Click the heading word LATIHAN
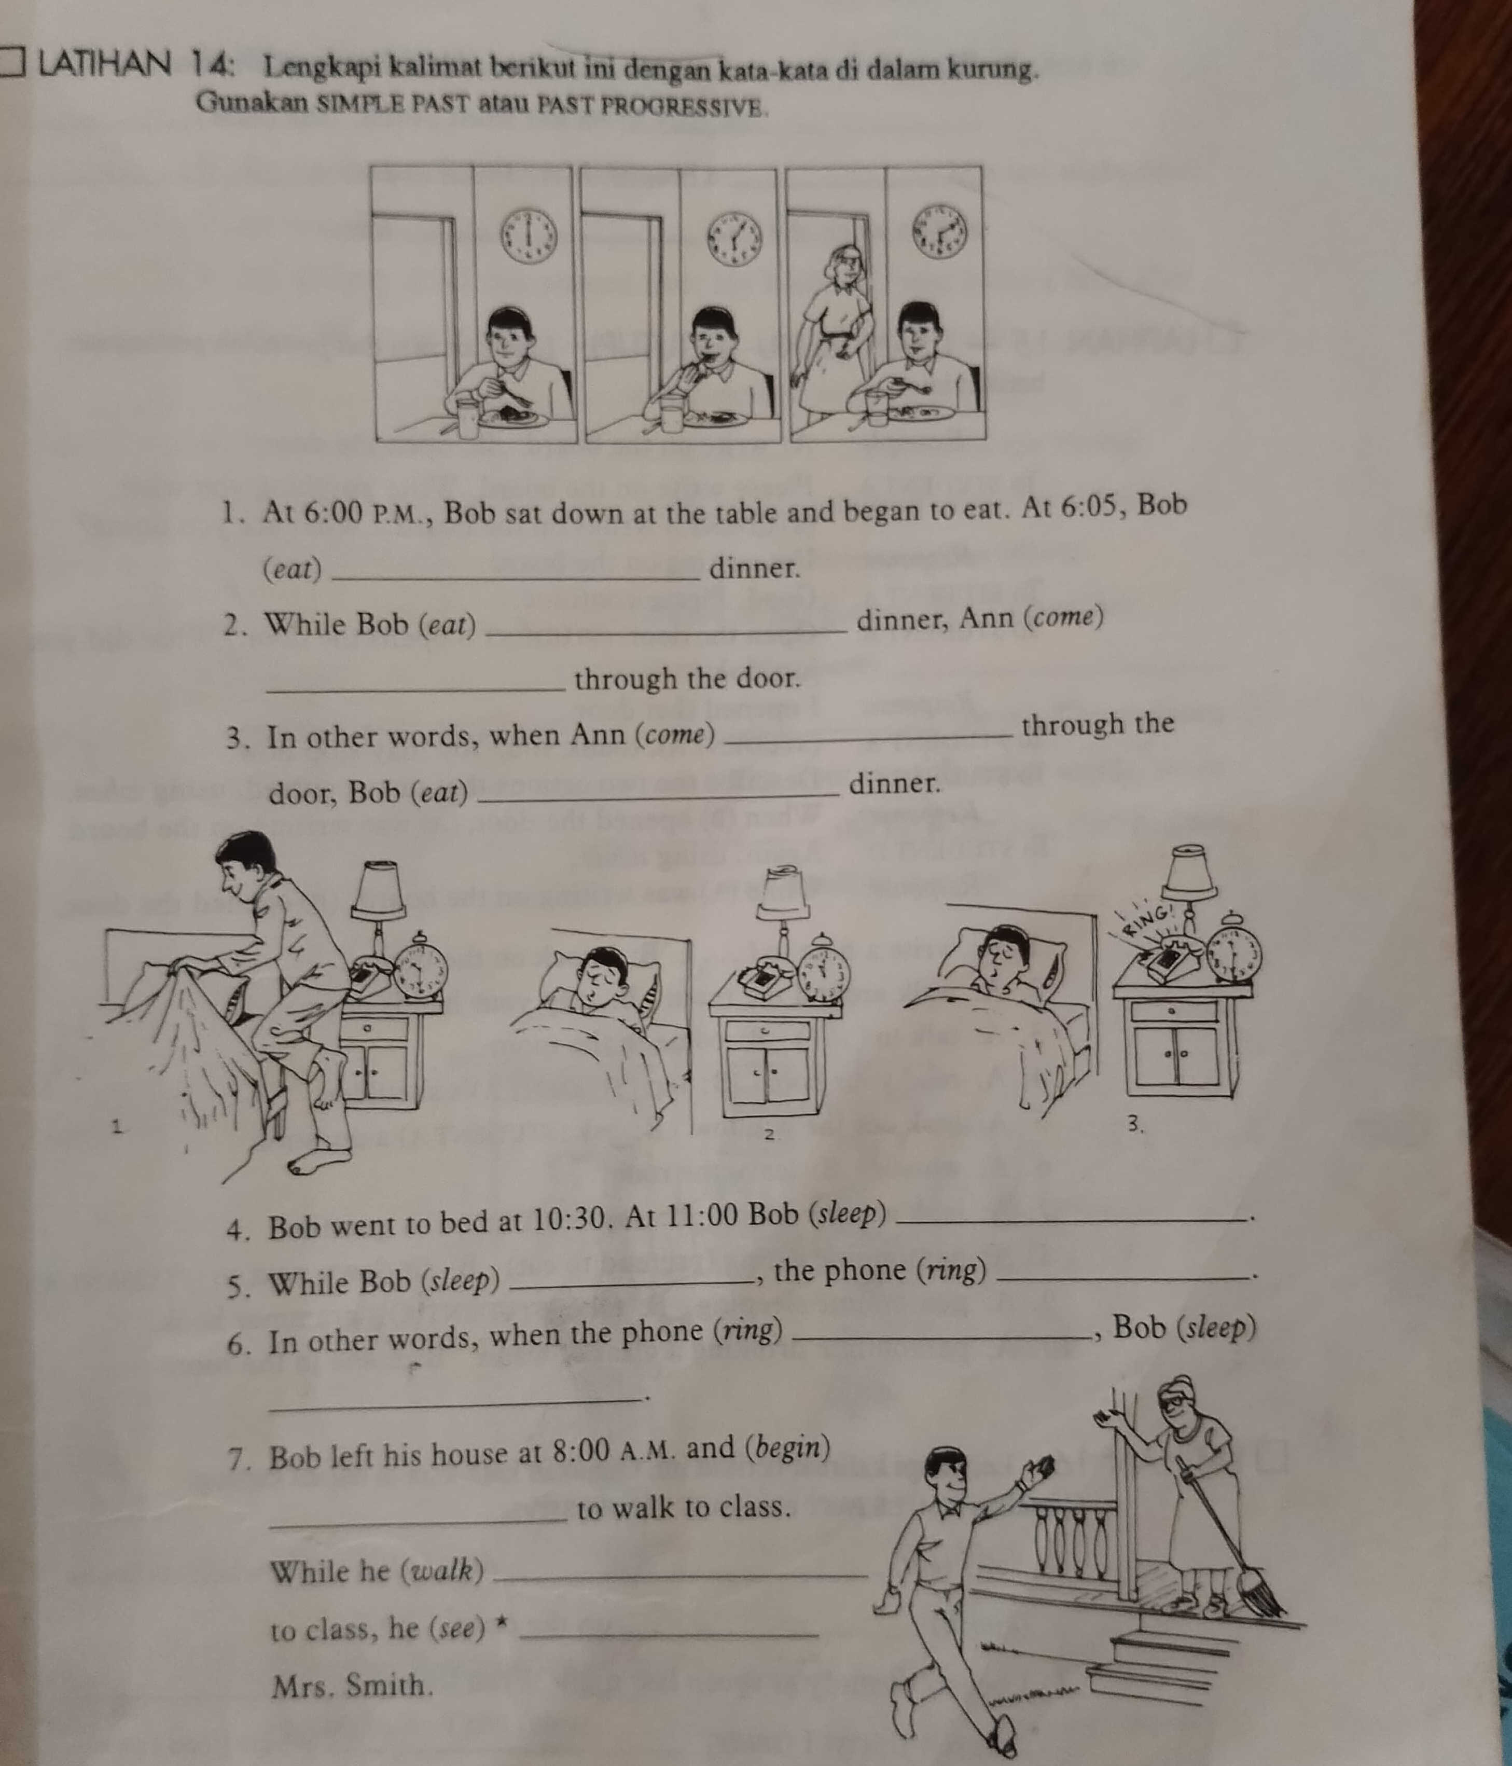[x=102, y=65]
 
